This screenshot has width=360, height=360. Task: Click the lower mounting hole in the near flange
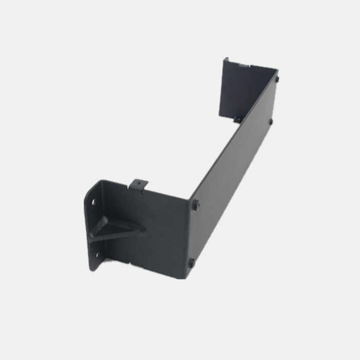point(95,254)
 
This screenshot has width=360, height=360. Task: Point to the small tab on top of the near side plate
point(139,183)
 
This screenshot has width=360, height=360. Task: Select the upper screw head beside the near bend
point(195,205)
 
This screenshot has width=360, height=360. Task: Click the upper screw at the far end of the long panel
point(277,79)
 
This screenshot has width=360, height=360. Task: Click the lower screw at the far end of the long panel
point(271,122)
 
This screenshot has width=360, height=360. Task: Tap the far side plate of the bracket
point(240,90)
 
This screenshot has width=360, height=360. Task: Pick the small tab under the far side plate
point(237,120)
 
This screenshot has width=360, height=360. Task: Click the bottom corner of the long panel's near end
point(188,278)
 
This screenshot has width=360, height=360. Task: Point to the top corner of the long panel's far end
point(278,70)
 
